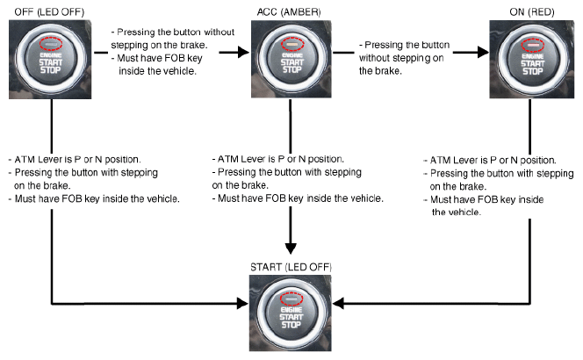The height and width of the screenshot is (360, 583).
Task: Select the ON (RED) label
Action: (x=532, y=9)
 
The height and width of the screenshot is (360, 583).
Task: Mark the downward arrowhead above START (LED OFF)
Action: (x=291, y=247)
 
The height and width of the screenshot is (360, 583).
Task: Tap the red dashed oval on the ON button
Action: (x=530, y=41)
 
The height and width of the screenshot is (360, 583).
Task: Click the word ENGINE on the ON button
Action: (x=530, y=52)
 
